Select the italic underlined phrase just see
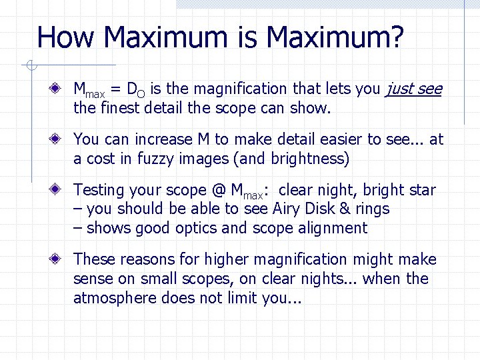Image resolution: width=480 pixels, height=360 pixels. click(413, 89)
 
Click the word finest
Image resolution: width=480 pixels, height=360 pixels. click(120, 107)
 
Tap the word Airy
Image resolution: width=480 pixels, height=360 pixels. click(289, 209)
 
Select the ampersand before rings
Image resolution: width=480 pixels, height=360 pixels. click(345, 209)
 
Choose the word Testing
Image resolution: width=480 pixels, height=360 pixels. click(100, 191)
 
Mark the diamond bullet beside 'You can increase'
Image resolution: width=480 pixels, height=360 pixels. click(60, 139)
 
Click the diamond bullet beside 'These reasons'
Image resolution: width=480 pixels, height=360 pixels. click(60, 259)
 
